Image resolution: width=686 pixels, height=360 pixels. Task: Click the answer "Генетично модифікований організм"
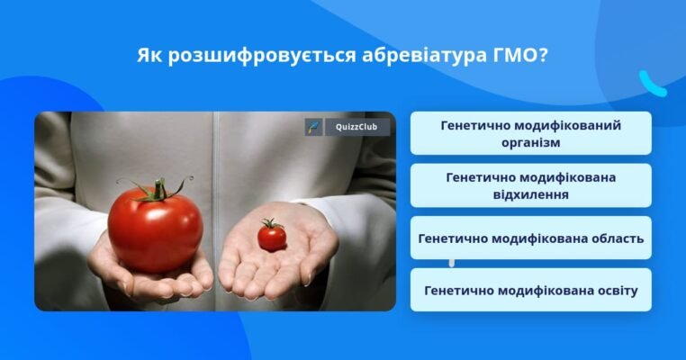point(530,133)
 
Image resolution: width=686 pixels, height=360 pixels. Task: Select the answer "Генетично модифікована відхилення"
point(530,185)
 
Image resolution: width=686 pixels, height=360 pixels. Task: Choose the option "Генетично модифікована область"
point(530,238)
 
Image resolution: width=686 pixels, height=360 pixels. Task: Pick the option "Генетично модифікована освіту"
point(530,291)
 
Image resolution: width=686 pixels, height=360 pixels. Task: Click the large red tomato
point(155,229)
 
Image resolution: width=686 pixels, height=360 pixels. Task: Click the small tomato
point(272,237)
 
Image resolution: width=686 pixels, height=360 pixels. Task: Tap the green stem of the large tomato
point(159,189)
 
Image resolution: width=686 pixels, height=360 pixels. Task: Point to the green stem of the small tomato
point(269,223)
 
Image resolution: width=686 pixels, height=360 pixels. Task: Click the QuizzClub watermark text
point(357,127)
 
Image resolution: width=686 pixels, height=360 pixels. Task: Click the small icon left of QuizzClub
point(312,127)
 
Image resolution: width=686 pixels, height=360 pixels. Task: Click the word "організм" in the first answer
point(530,142)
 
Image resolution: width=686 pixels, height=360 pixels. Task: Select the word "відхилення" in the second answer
point(530,194)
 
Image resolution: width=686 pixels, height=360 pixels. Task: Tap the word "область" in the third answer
point(611,238)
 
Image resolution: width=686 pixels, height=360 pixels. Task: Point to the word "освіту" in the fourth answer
point(609,291)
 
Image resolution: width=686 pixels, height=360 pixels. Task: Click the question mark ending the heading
point(543,56)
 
